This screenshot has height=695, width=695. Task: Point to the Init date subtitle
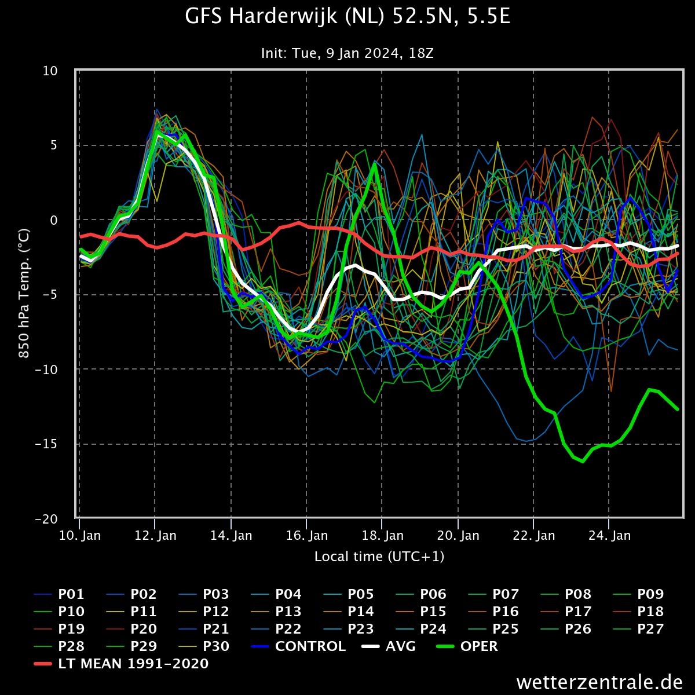(348, 53)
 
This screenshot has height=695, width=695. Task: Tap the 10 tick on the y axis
(50, 71)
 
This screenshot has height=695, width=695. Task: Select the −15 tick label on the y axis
(46, 444)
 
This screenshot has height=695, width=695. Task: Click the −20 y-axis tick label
(46, 519)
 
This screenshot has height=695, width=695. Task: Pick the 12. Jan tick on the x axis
(155, 536)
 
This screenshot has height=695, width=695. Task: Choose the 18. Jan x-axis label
(383, 536)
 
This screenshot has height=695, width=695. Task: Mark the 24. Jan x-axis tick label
(609, 536)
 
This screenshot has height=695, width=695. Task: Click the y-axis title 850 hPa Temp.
(24, 294)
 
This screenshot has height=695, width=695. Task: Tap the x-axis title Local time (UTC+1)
(379, 557)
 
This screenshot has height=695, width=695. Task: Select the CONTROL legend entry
(299, 646)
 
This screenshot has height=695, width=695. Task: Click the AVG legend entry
(389, 646)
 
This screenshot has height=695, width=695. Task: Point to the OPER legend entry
(467, 646)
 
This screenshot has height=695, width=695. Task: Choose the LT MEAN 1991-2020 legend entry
(121, 663)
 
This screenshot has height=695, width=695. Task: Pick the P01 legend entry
(59, 594)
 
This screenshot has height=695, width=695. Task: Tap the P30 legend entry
(204, 646)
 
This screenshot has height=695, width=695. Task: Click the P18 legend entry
(638, 612)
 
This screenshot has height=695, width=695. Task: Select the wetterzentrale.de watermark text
(599, 682)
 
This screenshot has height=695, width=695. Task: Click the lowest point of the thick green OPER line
(583, 461)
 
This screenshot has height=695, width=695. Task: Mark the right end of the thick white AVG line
(678, 246)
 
